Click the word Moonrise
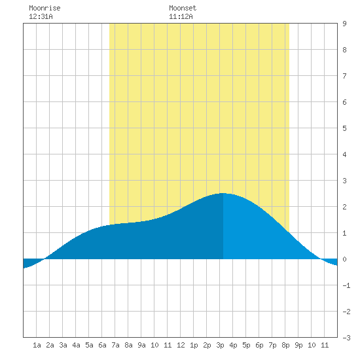(x=45, y=8)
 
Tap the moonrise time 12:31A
(x=41, y=16)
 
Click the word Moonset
(x=183, y=8)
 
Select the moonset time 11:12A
(x=181, y=16)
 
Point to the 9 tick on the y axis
(x=344, y=24)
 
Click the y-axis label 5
(x=344, y=128)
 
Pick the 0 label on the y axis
(x=344, y=259)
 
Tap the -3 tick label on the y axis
(x=346, y=338)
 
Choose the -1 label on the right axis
(x=346, y=285)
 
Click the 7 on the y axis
(x=344, y=76)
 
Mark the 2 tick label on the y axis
(x=344, y=207)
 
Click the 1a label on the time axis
(x=37, y=345)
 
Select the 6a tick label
(x=102, y=345)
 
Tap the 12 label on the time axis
(x=181, y=345)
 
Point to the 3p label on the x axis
(x=220, y=345)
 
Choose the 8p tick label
(x=285, y=345)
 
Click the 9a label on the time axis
(x=141, y=345)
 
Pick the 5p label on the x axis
(x=246, y=345)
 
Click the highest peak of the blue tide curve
(x=223, y=193)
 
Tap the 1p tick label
(x=194, y=345)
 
